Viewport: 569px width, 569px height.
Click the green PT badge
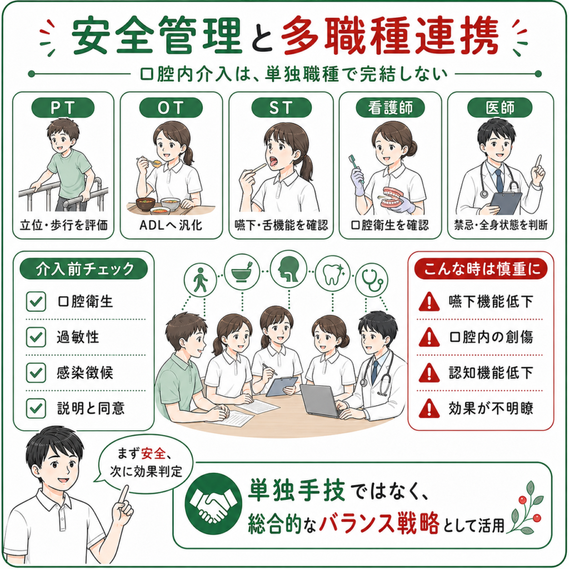point(63,108)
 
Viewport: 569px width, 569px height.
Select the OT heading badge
point(171,108)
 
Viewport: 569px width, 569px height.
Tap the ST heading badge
point(281,108)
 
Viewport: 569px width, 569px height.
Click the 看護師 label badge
point(390,108)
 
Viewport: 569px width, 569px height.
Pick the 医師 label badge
point(500,108)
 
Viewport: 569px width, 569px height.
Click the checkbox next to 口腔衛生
point(36,302)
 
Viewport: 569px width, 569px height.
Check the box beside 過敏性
point(36,337)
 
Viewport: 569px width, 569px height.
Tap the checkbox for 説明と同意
point(36,408)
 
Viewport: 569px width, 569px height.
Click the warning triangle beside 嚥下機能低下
point(429,302)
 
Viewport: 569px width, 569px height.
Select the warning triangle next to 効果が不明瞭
point(429,408)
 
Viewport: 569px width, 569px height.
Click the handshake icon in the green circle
point(213,503)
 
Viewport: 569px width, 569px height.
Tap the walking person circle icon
point(200,280)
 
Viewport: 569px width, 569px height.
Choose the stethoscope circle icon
point(371,280)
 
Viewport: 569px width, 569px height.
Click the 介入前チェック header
point(84,269)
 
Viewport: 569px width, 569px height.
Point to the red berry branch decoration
point(526,508)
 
